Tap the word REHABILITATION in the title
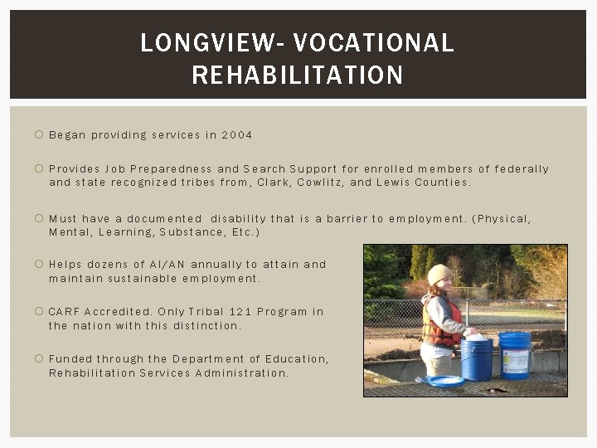298,75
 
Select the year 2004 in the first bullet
237,134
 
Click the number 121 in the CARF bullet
241,312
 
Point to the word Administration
241,373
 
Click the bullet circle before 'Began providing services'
38,134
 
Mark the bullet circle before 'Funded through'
38,359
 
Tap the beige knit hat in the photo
439,274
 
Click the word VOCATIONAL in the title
374,42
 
